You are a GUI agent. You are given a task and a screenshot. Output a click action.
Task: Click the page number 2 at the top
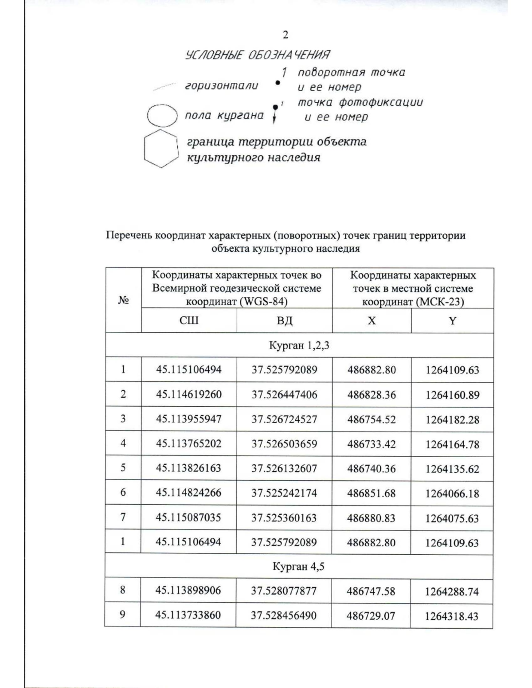[286, 35]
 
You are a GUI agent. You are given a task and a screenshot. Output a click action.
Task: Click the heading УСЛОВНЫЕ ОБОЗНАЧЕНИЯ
[257, 55]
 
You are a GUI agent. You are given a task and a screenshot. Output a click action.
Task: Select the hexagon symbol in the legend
[160, 148]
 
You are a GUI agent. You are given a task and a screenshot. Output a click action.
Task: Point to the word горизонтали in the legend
[221, 86]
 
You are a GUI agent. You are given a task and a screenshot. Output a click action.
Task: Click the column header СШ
[188, 320]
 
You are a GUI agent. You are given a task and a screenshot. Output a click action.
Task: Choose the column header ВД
[284, 320]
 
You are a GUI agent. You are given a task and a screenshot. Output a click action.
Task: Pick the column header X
[372, 320]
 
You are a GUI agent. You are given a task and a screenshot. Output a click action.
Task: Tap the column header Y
[452, 320]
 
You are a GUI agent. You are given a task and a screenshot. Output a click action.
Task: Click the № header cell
[123, 300]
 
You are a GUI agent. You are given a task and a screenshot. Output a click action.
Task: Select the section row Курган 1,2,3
[299, 345]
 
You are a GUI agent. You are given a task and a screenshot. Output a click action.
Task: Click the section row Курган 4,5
[299, 566]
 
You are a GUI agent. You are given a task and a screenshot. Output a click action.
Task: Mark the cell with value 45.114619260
[188, 394]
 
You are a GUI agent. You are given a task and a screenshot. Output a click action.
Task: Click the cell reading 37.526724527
[284, 419]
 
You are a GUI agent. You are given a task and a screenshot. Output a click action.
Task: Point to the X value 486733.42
[372, 444]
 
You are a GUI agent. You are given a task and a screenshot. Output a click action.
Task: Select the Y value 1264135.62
[452, 469]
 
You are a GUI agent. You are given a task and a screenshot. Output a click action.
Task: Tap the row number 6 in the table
[123, 493]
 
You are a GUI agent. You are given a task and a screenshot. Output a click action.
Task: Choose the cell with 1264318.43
[452, 616]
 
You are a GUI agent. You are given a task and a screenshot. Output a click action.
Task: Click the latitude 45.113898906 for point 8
[188, 591]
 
